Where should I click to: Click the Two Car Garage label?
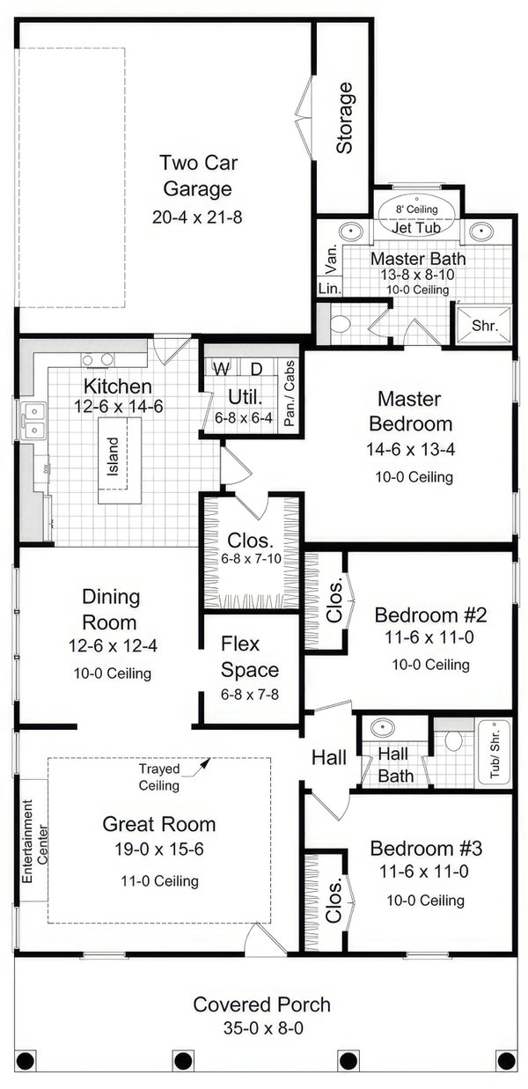[x=196, y=175]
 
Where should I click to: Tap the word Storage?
[x=344, y=118]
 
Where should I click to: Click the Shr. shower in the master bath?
[x=484, y=326]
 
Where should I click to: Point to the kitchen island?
[x=114, y=455]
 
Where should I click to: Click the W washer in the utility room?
[x=222, y=367]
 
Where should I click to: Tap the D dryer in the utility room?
[x=256, y=367]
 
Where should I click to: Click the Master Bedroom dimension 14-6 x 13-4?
[x=409, y=449]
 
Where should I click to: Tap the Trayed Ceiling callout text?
[x=159, y=777]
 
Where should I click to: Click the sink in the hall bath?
[x=383, y=730]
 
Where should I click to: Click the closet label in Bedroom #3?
[x=334, y=901]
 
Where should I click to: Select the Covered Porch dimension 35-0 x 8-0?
[x=262, y=1027]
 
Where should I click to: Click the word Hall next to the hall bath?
[x=329, y=756]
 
